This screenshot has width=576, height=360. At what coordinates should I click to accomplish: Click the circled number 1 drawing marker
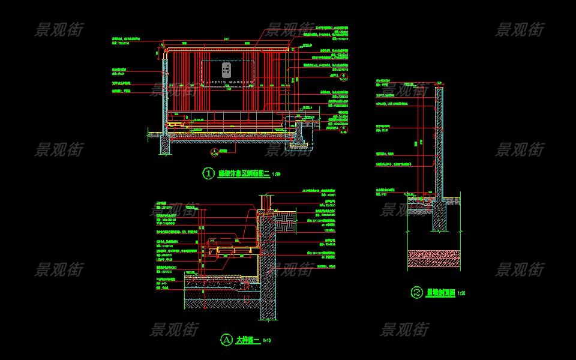(x=208, y=173)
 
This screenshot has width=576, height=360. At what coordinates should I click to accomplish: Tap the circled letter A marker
(x=226, y=340)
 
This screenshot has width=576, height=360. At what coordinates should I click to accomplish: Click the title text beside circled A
(x=247, y=340)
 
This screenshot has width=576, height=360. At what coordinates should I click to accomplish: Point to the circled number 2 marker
(x=417, y=293)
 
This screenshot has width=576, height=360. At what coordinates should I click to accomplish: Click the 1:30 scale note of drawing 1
(x=277, y=174)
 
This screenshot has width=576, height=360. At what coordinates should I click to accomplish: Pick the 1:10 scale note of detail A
(x=267, y=341)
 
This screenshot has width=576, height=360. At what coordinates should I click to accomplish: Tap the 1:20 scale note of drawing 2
(x=461, y=293)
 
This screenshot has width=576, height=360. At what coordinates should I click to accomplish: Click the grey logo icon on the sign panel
(x=227, y=70)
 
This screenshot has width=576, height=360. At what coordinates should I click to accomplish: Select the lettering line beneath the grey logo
(x=227, y=80)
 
